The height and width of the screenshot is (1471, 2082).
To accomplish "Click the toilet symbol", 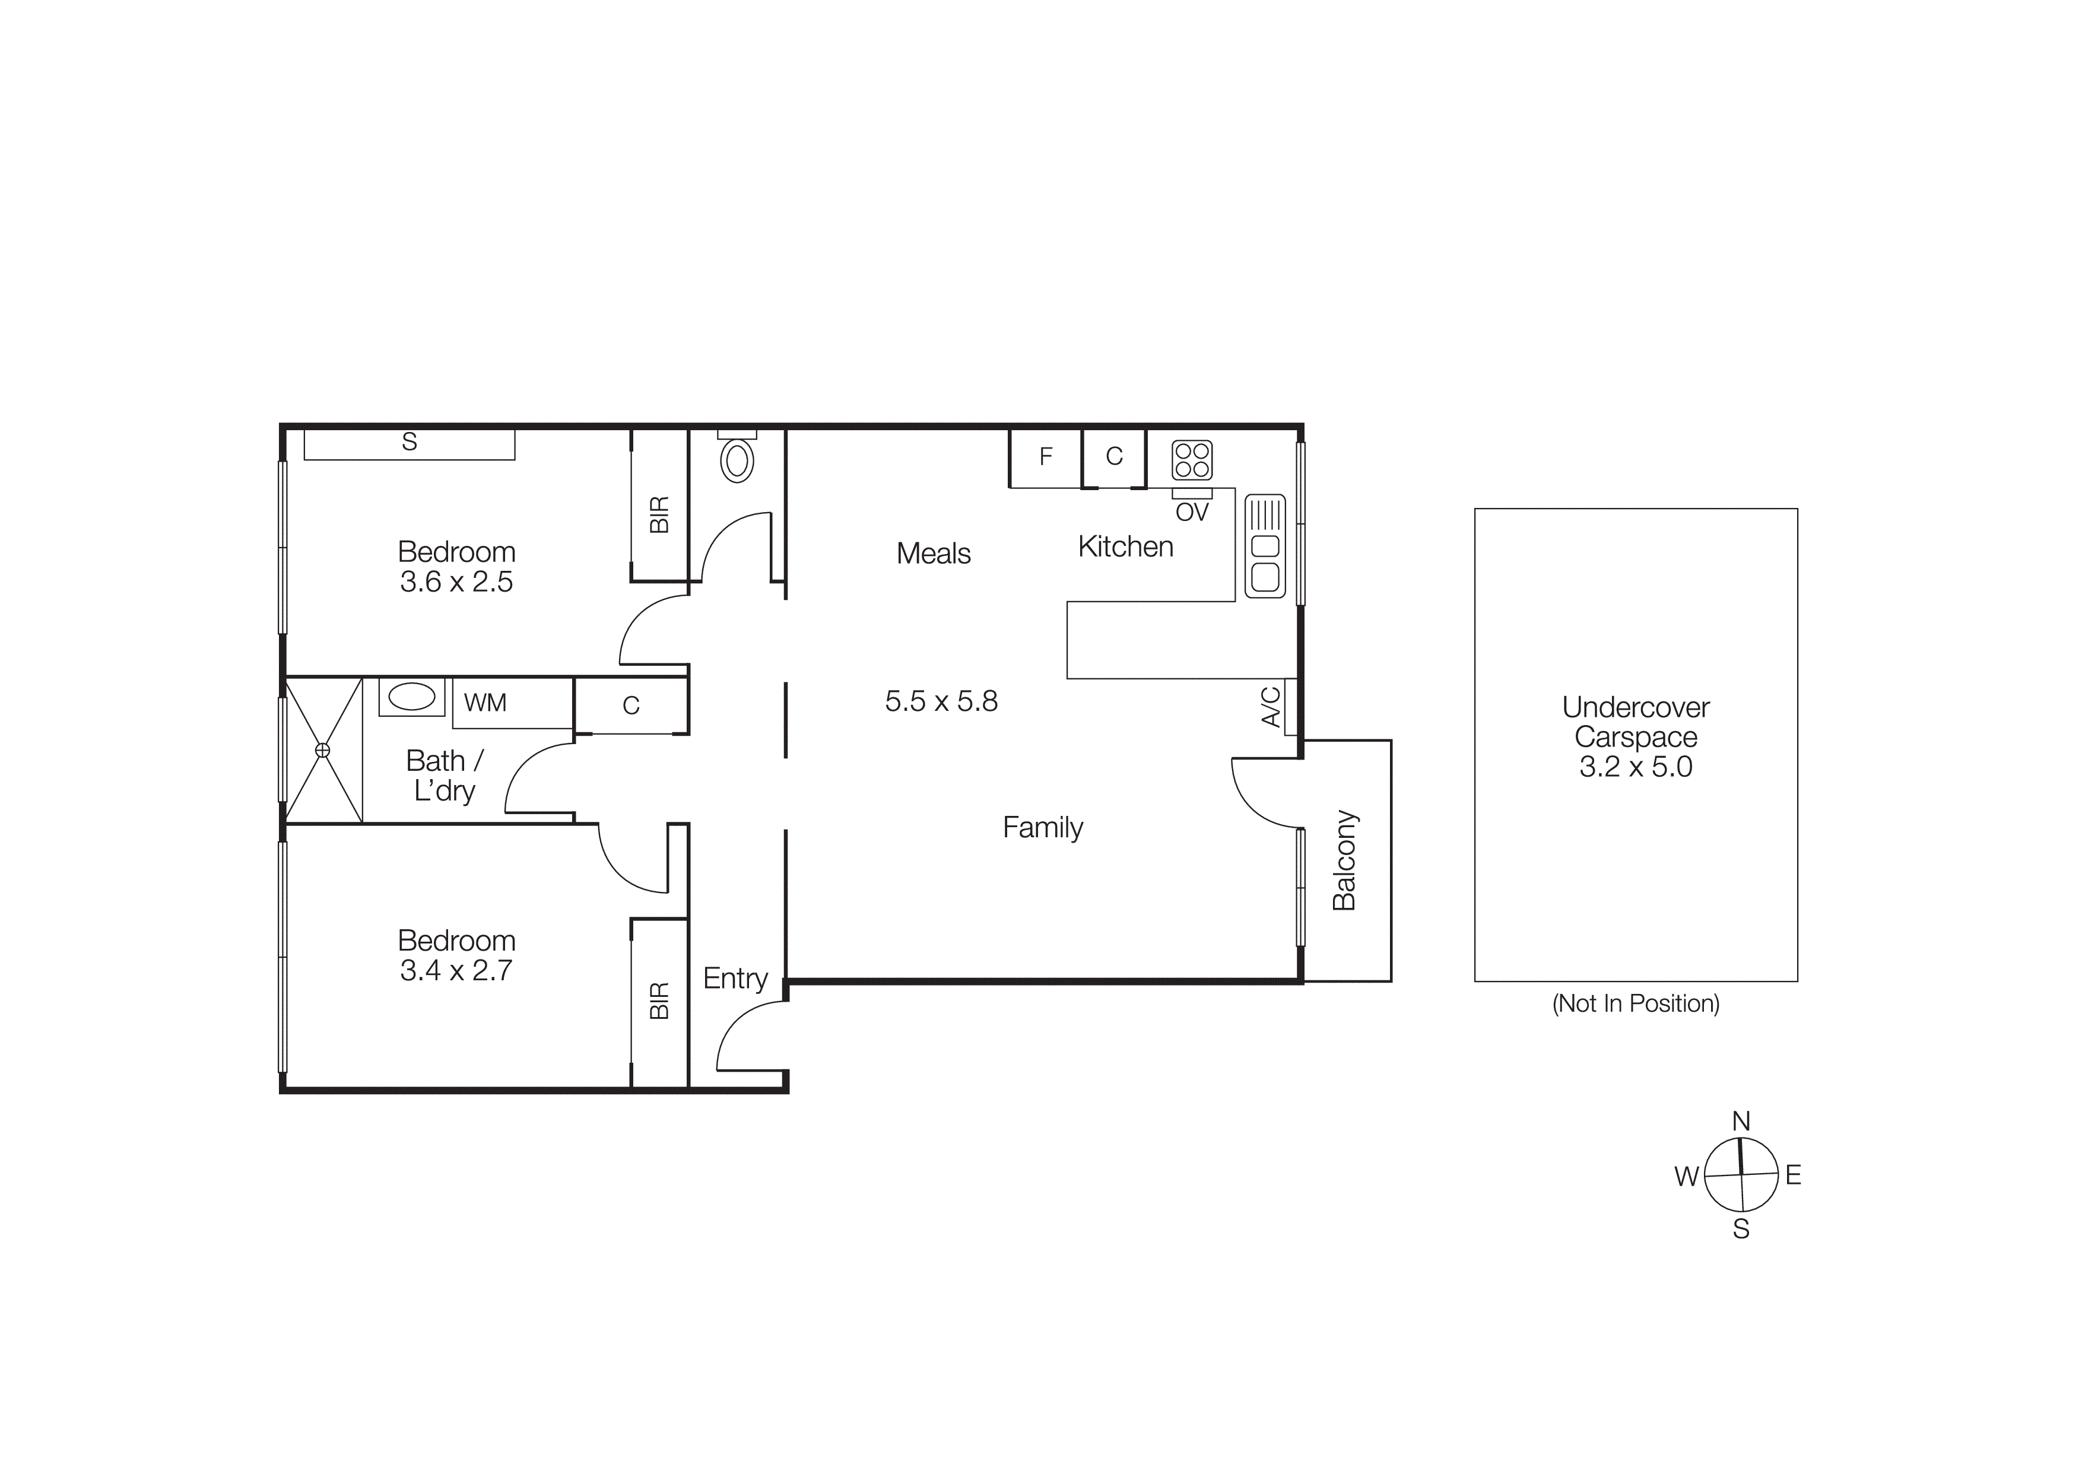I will (737, 460).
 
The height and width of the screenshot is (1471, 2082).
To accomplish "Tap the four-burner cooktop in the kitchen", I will (1192, 459).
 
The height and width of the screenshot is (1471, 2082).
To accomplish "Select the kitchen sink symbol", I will (1265, 546).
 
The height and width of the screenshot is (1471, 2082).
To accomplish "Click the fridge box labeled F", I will (1046, 457).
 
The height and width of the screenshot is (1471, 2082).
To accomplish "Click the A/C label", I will (1271, 707).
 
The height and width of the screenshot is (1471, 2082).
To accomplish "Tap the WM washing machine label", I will (485, 703).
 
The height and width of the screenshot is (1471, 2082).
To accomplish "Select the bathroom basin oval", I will (412, 697).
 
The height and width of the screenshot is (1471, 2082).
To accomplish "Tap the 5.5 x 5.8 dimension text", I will (941, 701).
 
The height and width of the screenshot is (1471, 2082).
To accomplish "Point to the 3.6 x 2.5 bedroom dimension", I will (456, 582).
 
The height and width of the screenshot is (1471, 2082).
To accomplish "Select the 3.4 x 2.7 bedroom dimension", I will (456, 971).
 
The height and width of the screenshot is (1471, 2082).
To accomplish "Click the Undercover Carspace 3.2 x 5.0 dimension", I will (1635, 767).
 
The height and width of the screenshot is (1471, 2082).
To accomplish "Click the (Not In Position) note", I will (1635, 1003).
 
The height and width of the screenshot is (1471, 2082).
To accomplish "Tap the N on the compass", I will (1740, 1121).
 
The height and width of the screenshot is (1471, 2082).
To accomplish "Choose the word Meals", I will (933, 553).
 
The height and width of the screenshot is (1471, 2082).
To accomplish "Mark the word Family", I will (1043, 828).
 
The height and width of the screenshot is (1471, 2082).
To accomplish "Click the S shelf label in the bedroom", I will (410, 441).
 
